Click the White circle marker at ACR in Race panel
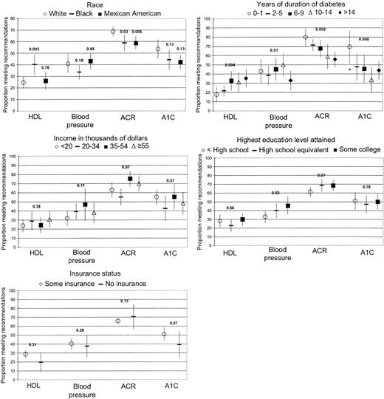[113, 32]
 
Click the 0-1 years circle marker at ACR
[306, 37]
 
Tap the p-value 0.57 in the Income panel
[171, 180]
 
